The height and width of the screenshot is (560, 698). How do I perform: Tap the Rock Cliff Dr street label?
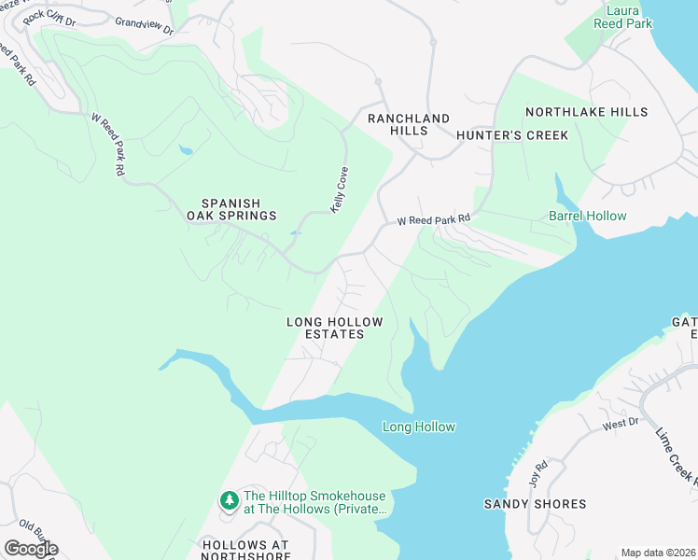(x=50, y=16)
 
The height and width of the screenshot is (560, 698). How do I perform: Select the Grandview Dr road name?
(x=145, y=25)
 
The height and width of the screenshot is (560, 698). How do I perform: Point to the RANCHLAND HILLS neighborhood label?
(x=409, y=125)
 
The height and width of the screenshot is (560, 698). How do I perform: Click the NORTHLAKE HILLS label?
(x=586, y=112)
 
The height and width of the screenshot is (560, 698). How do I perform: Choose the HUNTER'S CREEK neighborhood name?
(x=512, y=135)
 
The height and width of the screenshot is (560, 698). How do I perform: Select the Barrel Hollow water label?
(x=587, y=216)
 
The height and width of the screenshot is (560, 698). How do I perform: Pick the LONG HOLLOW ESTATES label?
(x=334, y=328)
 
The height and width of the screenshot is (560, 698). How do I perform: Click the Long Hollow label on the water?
(x=419, y=427)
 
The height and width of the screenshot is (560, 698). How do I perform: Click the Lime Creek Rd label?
(x=677, y=457)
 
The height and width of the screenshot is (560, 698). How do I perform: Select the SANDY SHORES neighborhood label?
(x=535, y=504)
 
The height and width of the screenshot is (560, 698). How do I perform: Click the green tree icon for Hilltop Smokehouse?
(x=229, y=501)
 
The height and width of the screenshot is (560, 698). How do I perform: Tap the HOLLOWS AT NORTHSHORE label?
(x=244, y=550)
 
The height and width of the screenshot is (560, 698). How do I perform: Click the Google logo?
(x=30, y=549)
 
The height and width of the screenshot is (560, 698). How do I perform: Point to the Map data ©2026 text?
(x=658, y=553)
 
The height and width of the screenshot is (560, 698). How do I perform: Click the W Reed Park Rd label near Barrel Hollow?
(x=433, y=221)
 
